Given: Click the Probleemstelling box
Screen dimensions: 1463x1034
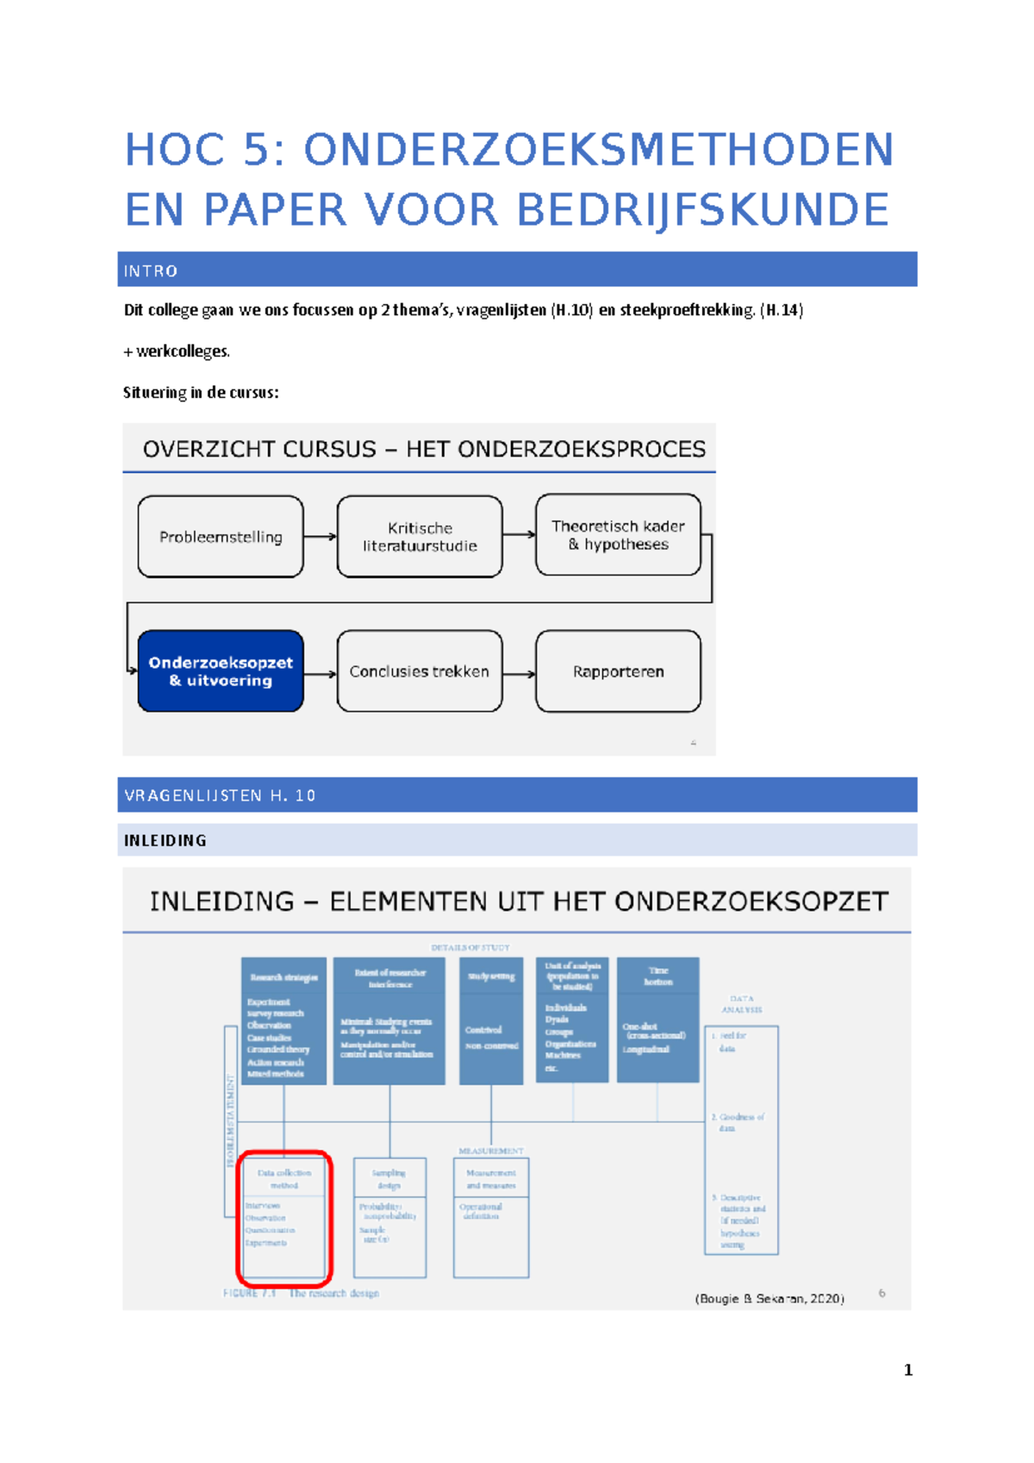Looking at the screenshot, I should pyautogui.click(x=221, y=537).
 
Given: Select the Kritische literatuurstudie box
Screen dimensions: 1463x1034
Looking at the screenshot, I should pyautogui.click(x=420, y=537).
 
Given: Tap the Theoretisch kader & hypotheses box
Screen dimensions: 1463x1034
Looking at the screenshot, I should pyautogui.click(x=618, y=535).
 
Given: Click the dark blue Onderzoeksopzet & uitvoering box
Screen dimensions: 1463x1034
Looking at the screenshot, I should pyautogui.click(x=221, y=671).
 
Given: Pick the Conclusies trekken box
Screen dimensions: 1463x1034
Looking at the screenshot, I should pyautogui.click(x=420, y=671).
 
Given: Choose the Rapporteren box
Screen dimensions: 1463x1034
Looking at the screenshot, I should pyautogui.click(x=618, y=671).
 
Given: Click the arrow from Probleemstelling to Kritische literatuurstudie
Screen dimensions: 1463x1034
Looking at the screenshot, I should pyautogui.click(x=320, y=537).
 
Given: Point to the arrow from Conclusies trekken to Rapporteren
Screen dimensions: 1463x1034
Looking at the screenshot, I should pyautogui.click(x=519, y=674).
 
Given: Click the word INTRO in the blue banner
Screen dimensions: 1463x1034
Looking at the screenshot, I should pyautogui.click(x=151, y=271).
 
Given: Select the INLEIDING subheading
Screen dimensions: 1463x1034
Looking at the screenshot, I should pyautogui.click(x=165, y=841).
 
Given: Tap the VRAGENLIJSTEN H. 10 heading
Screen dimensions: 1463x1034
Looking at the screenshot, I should pyautogui.click(x=220, y=795).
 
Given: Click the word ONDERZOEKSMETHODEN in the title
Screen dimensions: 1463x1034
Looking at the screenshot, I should pyautogui.click(x=598, y=150).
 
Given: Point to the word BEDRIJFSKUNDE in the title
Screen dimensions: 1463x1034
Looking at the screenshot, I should pyautogui.click(x=702, y=210).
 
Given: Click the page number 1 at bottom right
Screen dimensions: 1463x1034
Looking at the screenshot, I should pyautogui.click(x=908, y=1370).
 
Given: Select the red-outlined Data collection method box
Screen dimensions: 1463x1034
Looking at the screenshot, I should pyautogui.click(x=284, y=1215).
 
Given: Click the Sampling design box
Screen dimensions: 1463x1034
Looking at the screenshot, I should pyautogui.click(x=389, y=1217).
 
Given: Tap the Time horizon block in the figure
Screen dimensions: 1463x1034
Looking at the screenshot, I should pyautogui.click(x=657, y=1019).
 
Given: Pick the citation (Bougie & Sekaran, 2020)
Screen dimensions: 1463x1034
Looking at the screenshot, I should pyautogui.click(x=769, y=1298).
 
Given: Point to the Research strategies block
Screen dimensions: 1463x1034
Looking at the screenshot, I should pyautogui.click(x=283, y=1020).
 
